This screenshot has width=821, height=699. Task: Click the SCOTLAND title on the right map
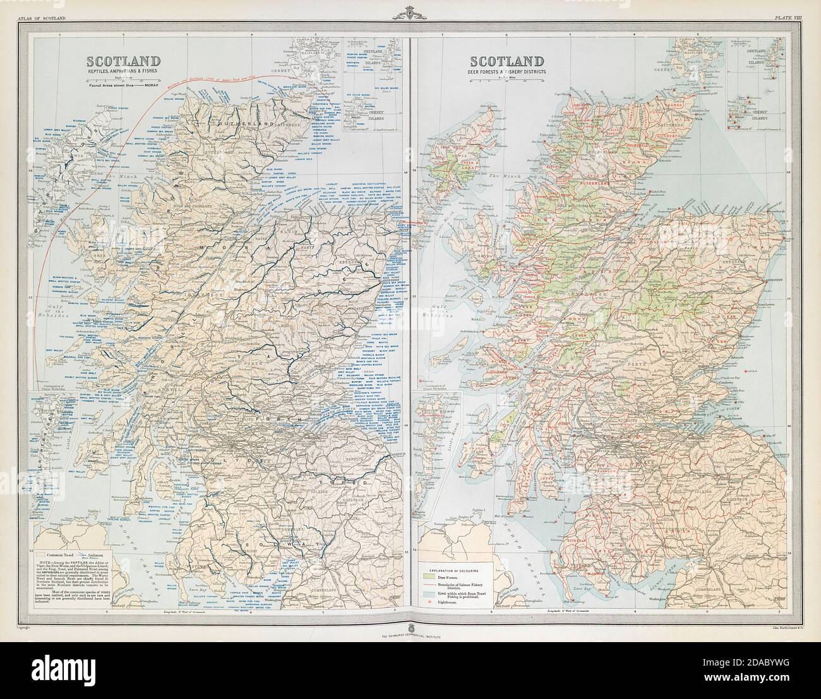506,61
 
